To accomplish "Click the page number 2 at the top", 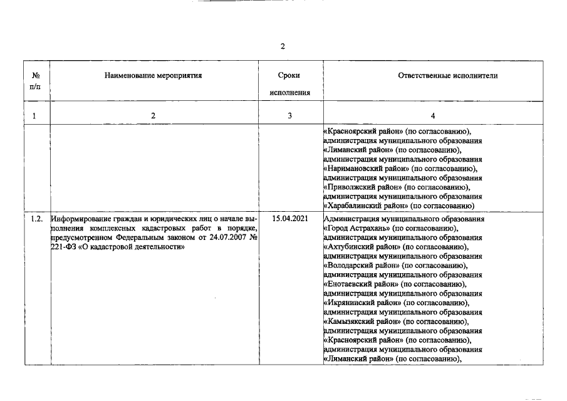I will (283, 46).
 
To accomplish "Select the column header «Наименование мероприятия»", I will (153, 76).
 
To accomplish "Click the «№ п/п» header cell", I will (36, 81).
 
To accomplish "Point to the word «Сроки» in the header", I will (289, 76).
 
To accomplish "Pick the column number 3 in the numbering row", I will (289, 115).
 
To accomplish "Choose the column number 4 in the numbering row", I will (432, 115).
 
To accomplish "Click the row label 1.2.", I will (36, 219).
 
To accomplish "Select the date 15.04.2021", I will (289, 219).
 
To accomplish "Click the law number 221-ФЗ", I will (63, 247).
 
